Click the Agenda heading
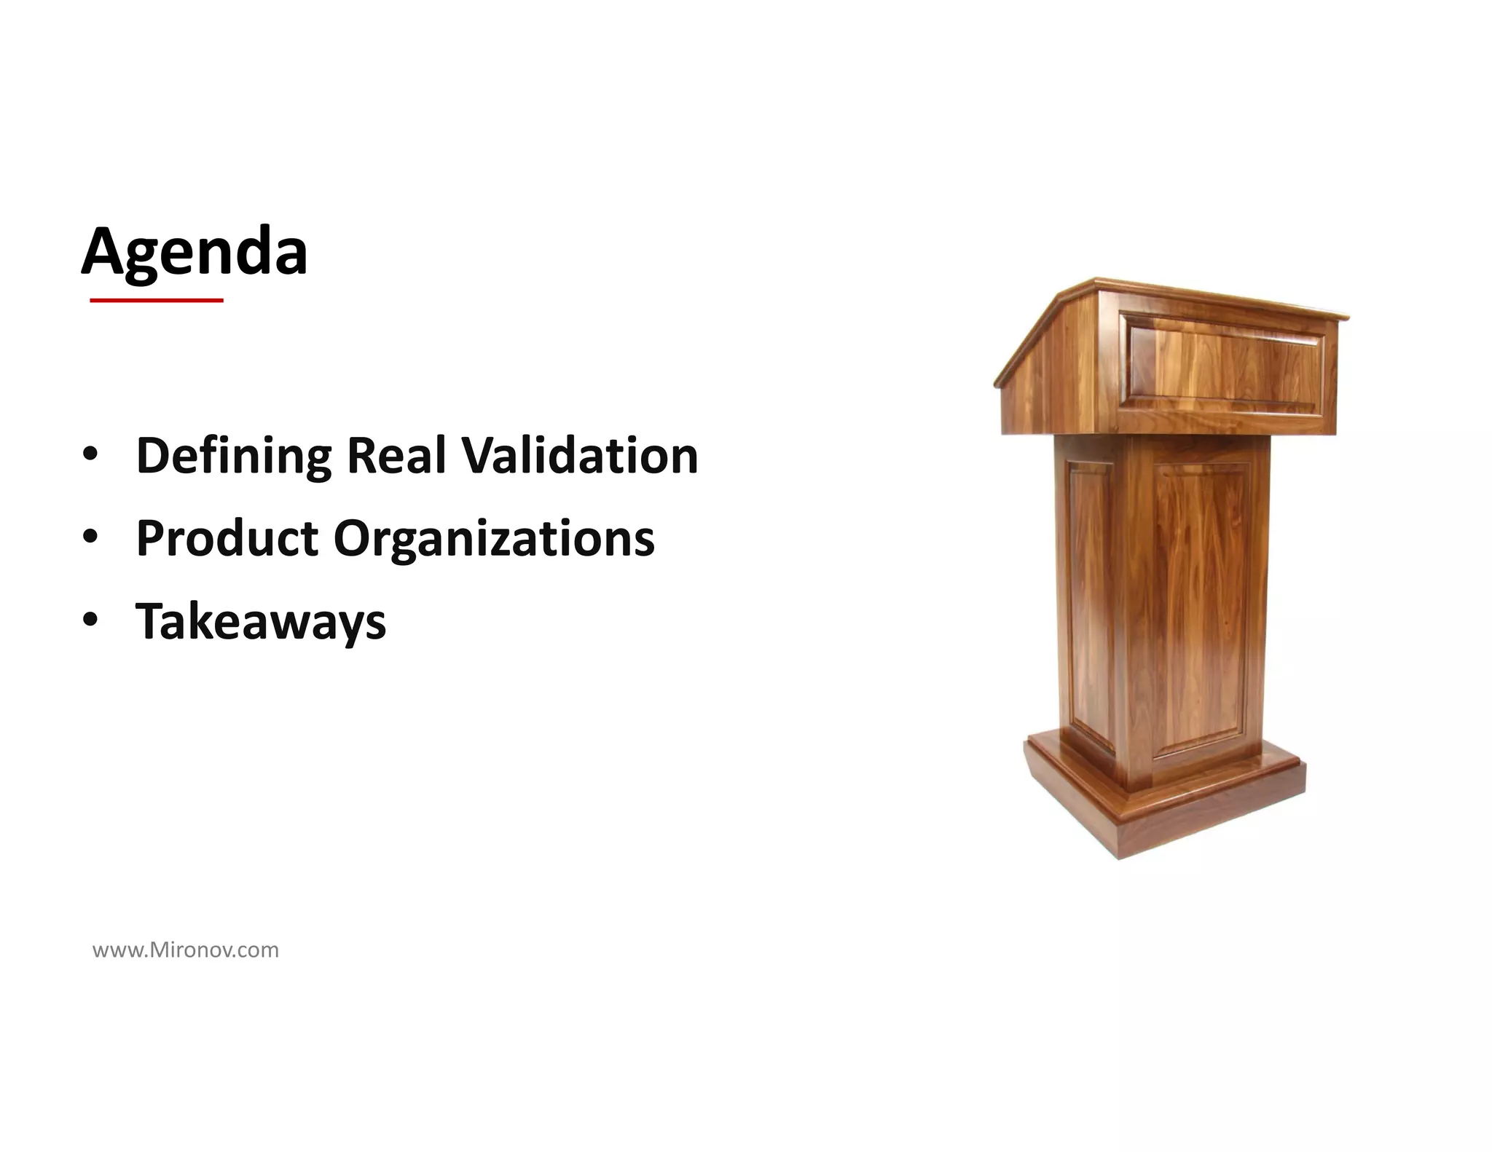point(194,251)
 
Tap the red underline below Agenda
point(156,300)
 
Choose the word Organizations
point(494,540)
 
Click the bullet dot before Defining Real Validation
point(90,455)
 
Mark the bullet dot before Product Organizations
point(90,538)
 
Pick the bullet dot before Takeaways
point(90,620)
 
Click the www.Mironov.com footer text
point(186,950)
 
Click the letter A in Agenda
point(103,251)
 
